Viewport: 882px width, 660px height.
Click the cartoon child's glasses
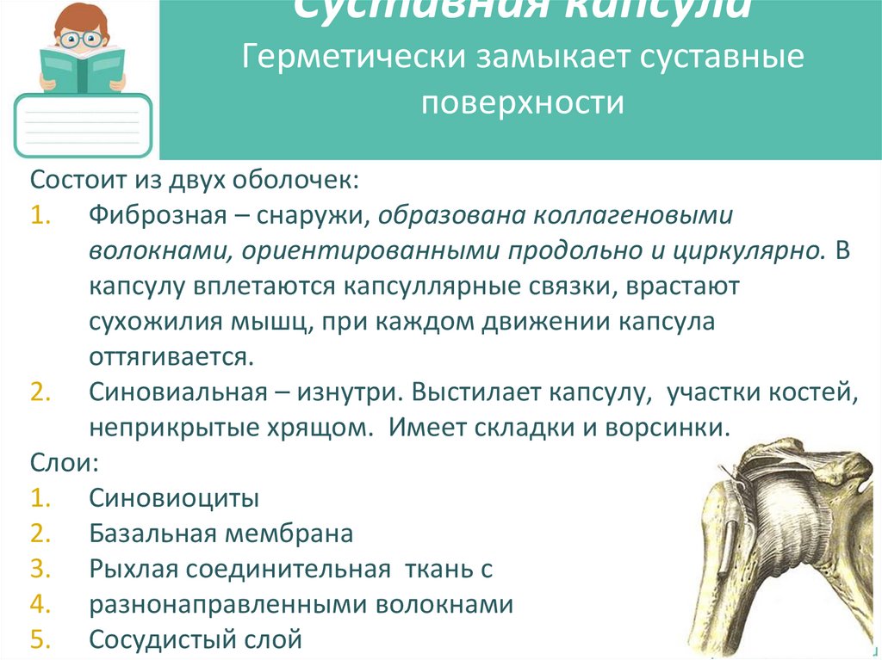(x=83, y=38)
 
